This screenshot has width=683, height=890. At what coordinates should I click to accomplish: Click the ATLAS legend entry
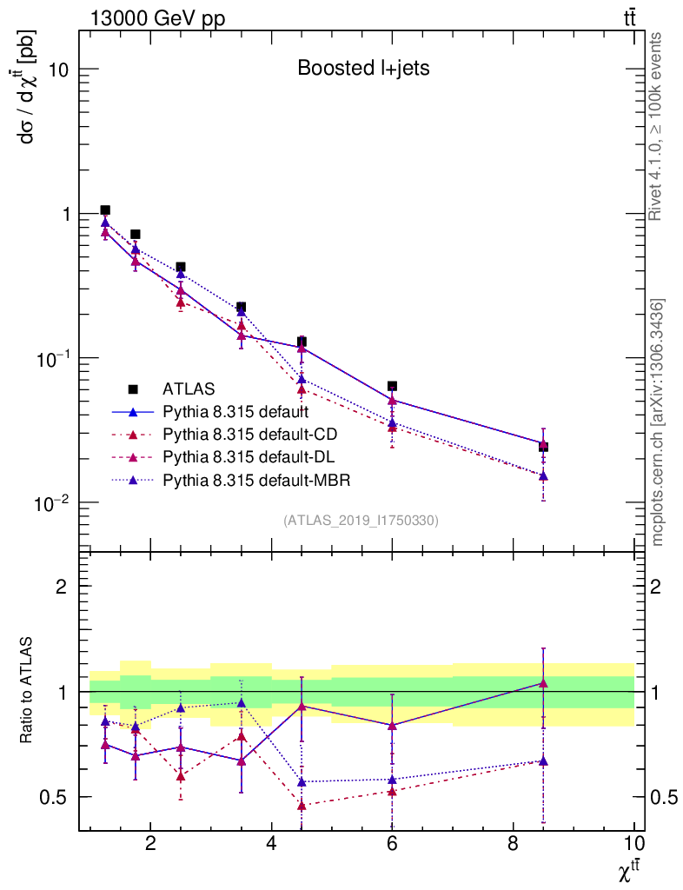(188, 389)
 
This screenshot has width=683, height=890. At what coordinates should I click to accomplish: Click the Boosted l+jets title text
(363, 68)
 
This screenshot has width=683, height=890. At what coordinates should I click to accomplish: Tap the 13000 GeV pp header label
(157, 18)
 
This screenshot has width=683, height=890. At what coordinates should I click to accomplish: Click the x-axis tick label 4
(271, 843)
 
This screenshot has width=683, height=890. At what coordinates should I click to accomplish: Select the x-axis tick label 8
(513, 843)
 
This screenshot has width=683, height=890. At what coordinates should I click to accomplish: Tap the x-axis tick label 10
(633, 843)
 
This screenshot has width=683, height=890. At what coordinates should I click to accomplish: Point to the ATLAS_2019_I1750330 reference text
(361, 521)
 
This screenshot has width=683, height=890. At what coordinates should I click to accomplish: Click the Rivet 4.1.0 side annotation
(658, 126)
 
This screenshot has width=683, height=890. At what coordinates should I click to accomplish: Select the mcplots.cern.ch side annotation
(658, 422)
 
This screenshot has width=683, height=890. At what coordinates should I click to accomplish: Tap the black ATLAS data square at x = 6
(392, 386)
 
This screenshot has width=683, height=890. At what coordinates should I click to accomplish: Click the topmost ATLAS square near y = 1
(105, 210)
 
